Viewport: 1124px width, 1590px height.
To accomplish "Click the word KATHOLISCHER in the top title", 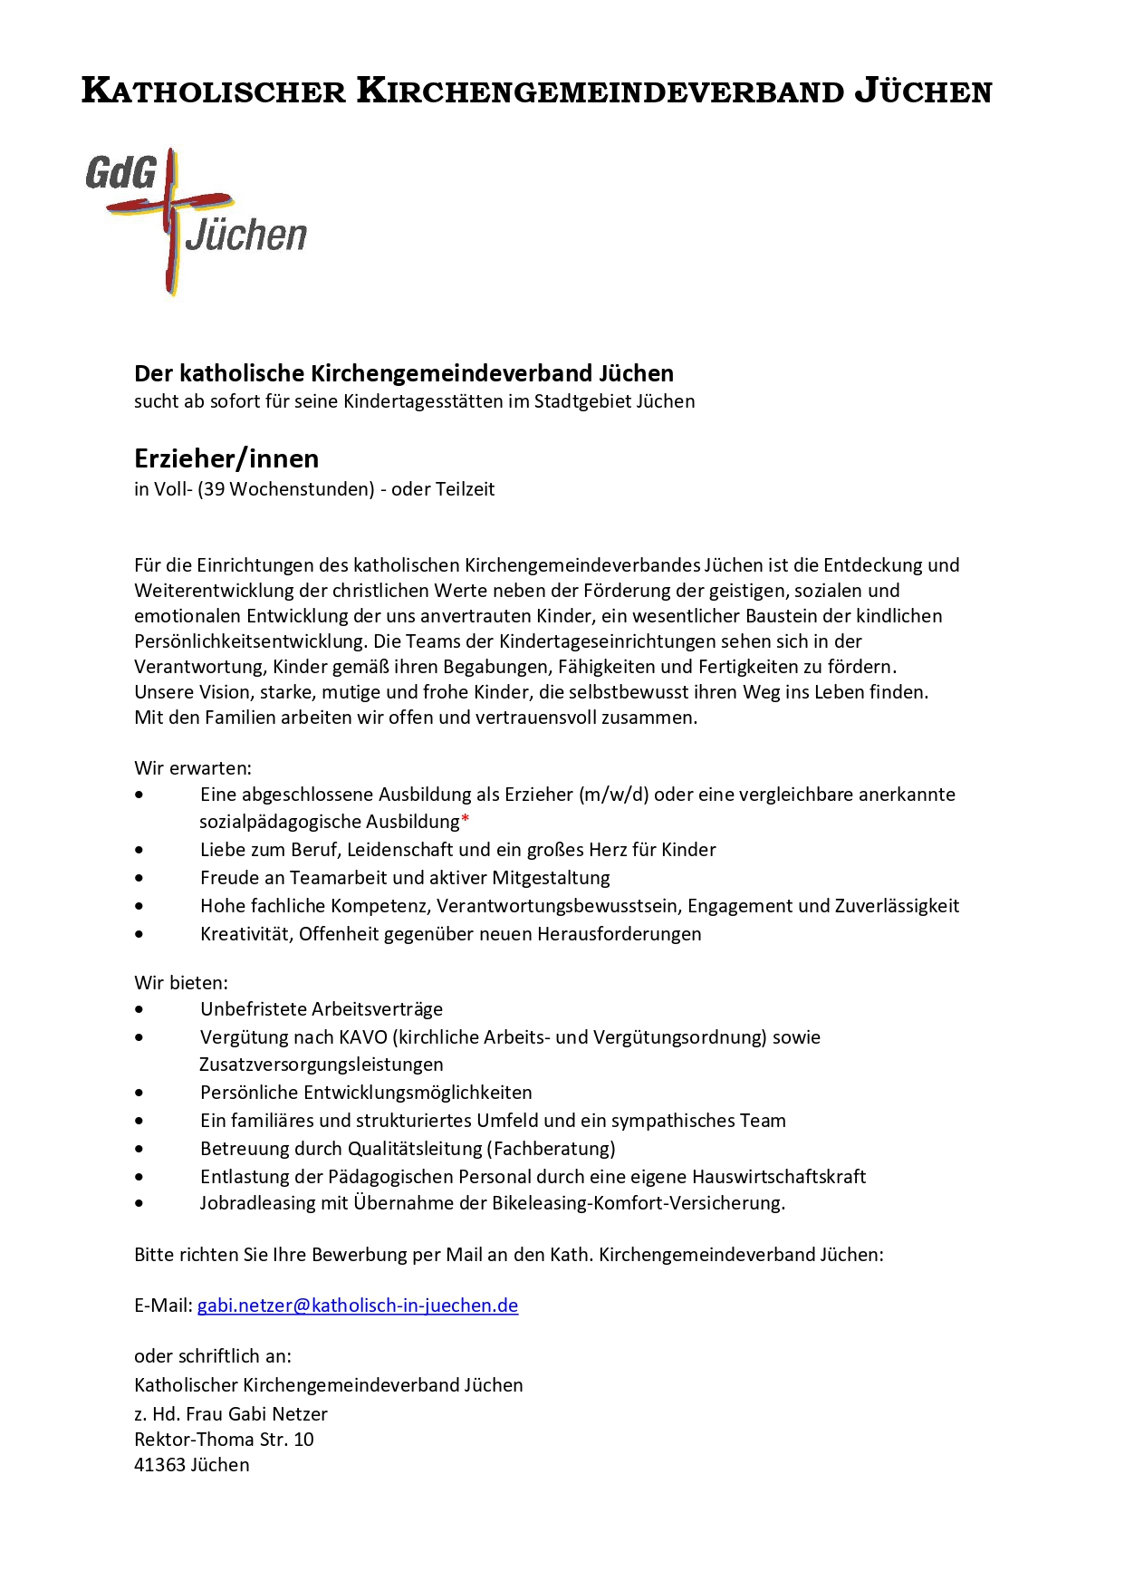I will pyautogui.click(x=214, y=92).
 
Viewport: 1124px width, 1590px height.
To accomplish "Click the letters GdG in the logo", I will pyautogui.click(x=121, y=172).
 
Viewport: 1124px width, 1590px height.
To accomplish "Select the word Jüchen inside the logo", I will pyautogui.click(x=246, y=235).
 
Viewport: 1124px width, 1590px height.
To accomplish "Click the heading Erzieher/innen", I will pyautogui.click(x=226, y=458).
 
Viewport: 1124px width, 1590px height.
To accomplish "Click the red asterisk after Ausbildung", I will pyautogui.click(x=466, y=821).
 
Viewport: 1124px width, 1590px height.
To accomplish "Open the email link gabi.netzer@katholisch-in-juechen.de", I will pyautogui.click(x=358, y=1306).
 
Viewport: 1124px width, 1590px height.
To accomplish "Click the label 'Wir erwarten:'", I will pyautogui.click(x=193, y=768).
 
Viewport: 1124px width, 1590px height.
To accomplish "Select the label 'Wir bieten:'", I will pyautogui.click(x=181, y=983).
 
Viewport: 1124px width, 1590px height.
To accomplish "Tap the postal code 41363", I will pyautogui.click(x=159, y=1465).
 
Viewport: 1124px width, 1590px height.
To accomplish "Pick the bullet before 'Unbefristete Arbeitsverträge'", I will pyautogui.click(x=139, y=1009).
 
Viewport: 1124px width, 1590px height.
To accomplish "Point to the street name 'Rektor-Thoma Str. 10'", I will pyautogui.click(x=224, y=1440).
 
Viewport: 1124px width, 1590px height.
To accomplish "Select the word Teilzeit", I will pyautogui.click(x=466, y=489).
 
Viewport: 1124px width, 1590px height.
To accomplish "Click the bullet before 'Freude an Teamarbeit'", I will pyautogui.click(x=139, y=878).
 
